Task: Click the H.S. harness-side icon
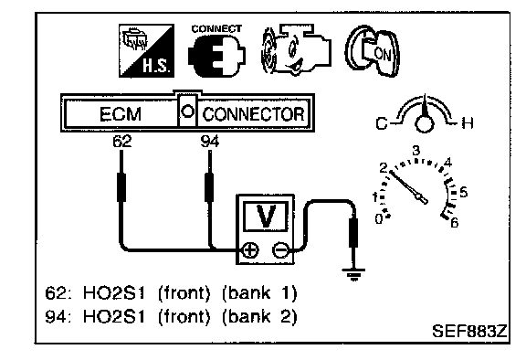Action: (147, 50)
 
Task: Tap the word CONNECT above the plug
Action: (216, 29)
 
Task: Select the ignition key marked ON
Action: (373, 50)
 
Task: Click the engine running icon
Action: (296, 49)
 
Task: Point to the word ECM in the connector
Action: (121, 114)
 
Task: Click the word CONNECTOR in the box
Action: (253, 114)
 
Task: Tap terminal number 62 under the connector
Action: (122, 142)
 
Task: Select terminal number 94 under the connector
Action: (210, 142)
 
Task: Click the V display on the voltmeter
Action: (266, 217)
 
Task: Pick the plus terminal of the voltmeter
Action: (250, 250)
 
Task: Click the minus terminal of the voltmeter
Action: (280, 250)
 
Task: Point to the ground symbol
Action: (353, 274)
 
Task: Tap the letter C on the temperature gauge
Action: (382, 123)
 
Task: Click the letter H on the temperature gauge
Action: (468, 123)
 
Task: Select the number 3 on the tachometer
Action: (416, 150)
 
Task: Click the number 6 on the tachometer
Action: (455, 222)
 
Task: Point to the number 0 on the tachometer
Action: (379, 219)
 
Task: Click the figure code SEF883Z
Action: (469, 331)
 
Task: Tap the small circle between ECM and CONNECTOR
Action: (187, 111)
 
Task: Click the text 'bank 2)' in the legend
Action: (259, 316)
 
